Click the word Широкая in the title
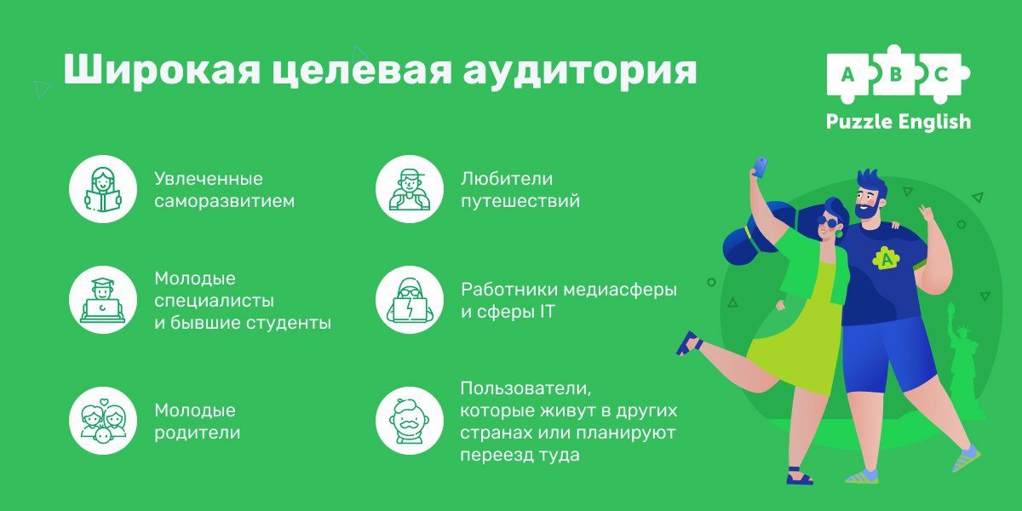click(x=162, y=70)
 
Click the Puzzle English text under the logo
click(x=899, y=123)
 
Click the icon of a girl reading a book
click(x=103, y=189)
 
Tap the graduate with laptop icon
click(x=103, y=300)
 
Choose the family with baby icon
click(x=103, y=421)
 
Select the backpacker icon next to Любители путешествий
click(x=410, y=189)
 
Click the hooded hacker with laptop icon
click(x=410, y=300)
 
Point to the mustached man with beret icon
click(x=410, y=421)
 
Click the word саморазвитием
click(x=225, y=201)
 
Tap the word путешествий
click(x=520, y=201)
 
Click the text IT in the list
click(x=547, y=312)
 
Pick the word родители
click(x=197, y=433)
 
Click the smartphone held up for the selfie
click(x=760, y=167)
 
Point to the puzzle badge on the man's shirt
click(x=886, y=258)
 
